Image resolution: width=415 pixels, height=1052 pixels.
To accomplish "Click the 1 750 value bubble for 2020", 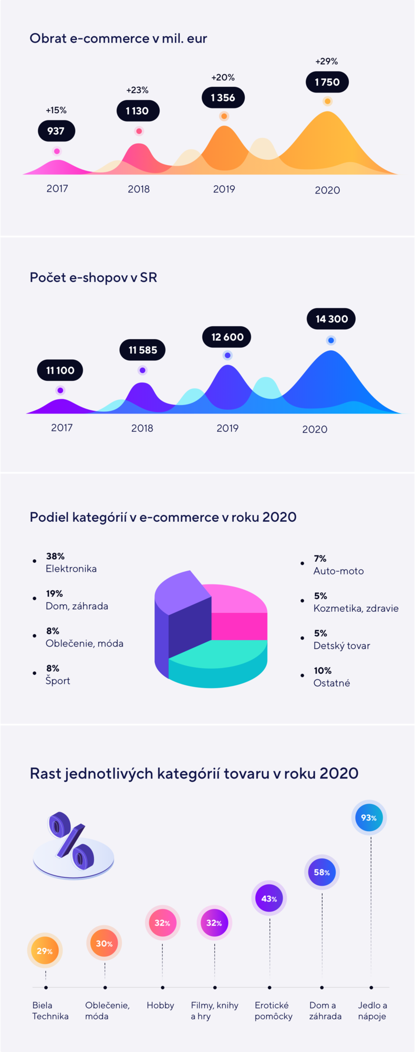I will [327, 82].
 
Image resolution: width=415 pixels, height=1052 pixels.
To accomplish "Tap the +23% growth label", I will [137, 90].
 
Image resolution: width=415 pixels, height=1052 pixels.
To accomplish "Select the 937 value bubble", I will [56, 131].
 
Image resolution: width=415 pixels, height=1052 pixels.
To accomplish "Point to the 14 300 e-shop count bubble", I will [331, 319].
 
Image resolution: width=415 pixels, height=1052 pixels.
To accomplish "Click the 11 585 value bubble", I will [142, 350].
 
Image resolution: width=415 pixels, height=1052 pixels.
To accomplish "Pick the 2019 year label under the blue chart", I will [227, 428].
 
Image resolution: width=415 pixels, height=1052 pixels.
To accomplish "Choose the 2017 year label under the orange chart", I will [57, 188].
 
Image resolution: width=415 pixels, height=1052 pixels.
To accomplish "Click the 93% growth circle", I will [369, 818].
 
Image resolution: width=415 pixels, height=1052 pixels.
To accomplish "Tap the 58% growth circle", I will [321, 872].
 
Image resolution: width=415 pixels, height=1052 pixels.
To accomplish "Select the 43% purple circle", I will [269, 898].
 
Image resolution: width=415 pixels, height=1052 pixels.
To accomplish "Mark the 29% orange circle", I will [45, 951].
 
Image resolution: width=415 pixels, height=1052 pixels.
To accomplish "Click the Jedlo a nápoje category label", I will [372, 1010].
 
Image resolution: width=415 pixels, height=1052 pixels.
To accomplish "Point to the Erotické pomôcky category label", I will [273, 1010].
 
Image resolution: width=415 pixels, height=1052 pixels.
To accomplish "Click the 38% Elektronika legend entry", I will [71, 562].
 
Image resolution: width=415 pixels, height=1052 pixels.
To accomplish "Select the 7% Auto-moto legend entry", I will [338, 564].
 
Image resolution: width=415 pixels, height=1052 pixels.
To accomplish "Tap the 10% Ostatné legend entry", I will [331, 677].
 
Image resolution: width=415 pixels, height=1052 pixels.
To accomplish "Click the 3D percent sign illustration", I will [72, 842].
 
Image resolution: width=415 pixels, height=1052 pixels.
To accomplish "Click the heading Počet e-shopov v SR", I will [94, 277].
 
